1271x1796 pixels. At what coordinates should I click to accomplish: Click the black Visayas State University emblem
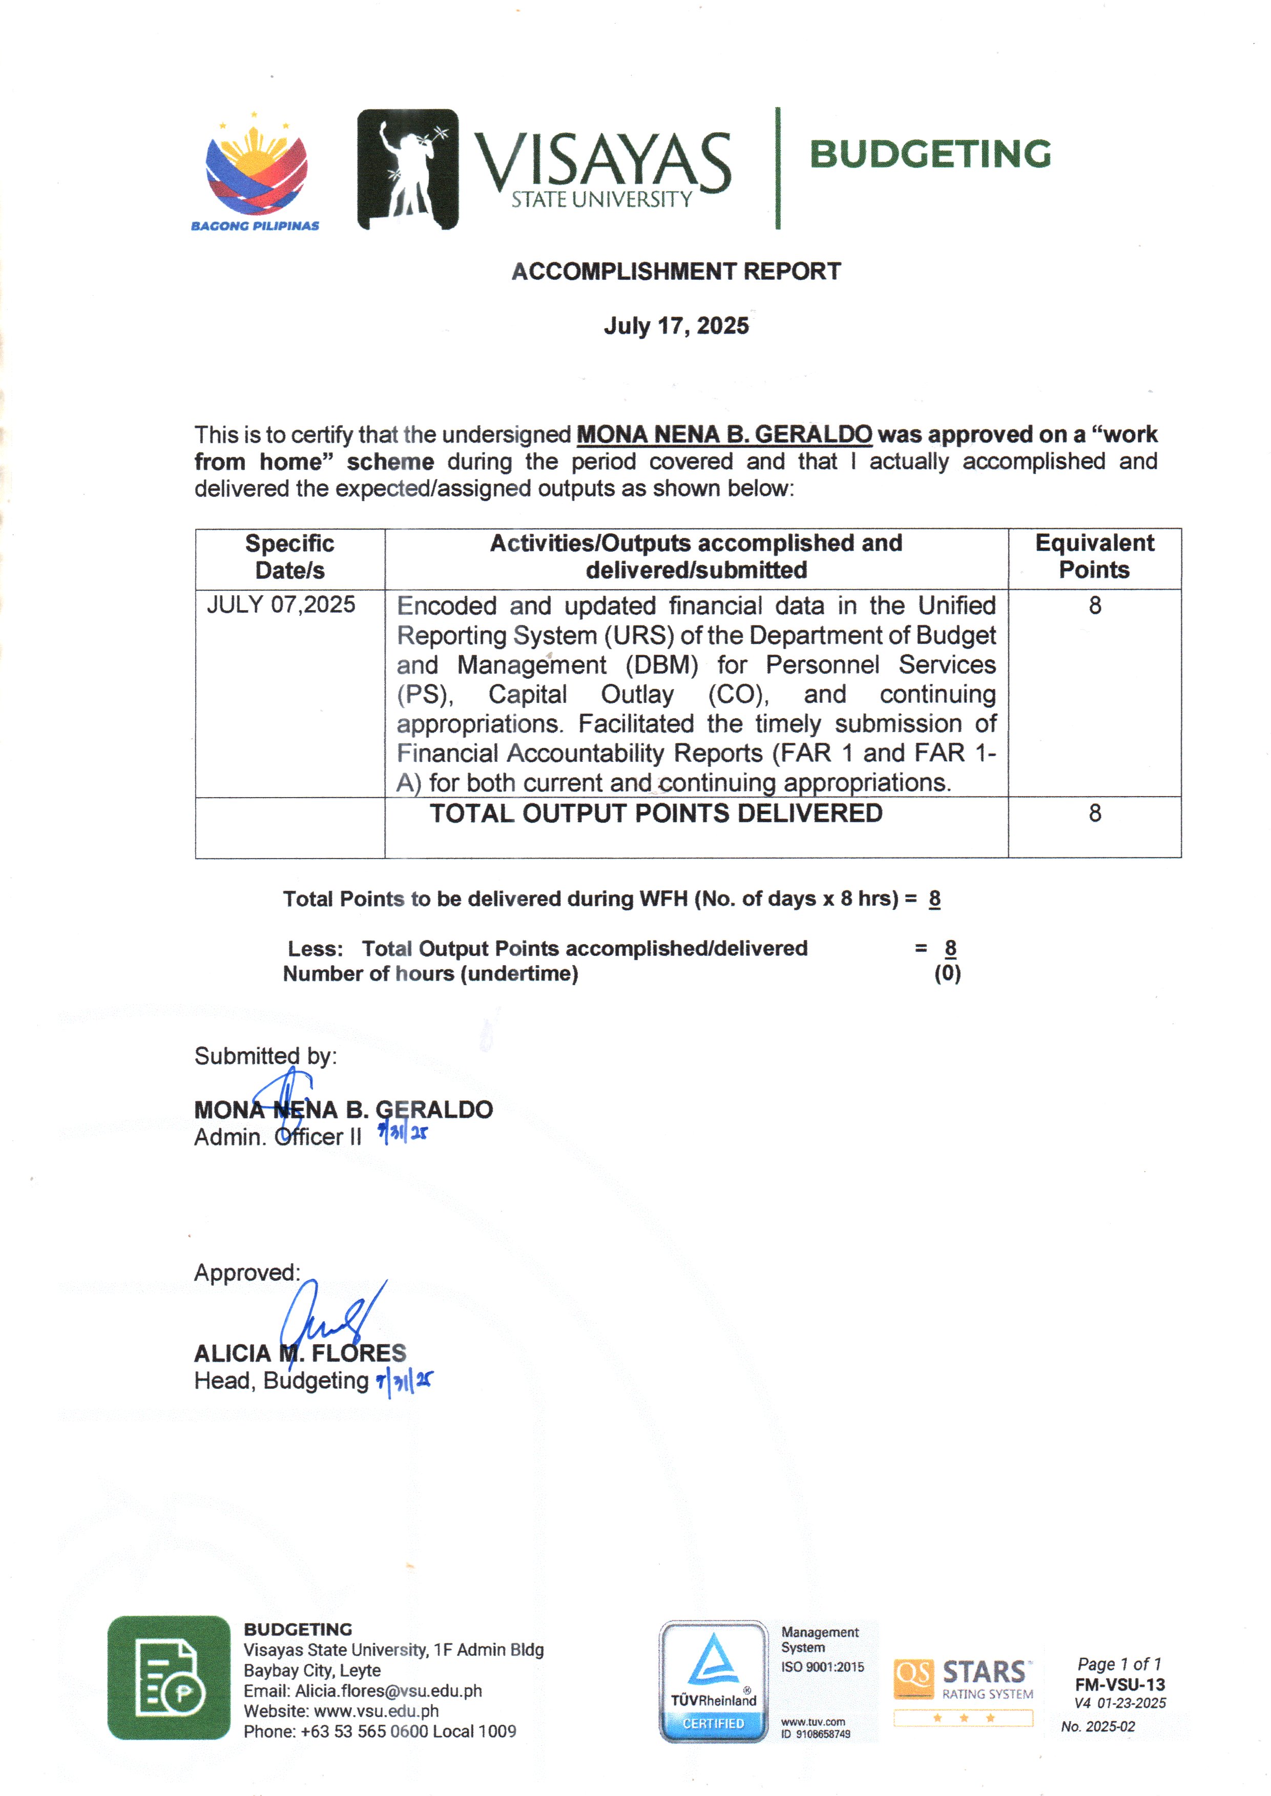click(408, 169)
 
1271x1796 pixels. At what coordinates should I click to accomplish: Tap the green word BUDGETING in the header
click(930, 154)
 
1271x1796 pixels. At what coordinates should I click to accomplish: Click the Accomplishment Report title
click(676, 272)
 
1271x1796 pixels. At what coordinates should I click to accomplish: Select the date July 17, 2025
click(676, 326)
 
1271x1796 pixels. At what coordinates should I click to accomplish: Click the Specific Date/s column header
click(289, 556)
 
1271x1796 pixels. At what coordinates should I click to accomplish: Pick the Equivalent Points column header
click(1094, 556)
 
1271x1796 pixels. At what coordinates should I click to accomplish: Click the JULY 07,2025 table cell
click(281, 605)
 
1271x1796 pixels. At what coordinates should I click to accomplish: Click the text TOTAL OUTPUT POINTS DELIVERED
click(656, 814)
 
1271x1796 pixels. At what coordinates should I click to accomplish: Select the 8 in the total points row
click(1095, 814)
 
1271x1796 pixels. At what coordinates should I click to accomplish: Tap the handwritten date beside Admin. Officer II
click(403, 1133)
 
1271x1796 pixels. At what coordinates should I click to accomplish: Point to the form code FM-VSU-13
click(1119, 1685)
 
